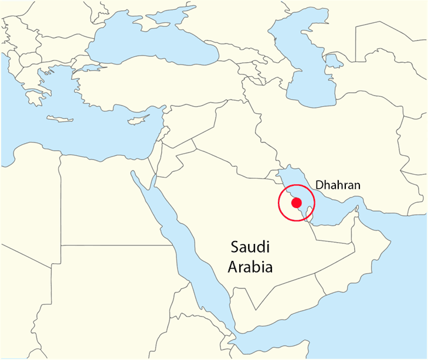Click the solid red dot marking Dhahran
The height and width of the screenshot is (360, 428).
[297, 203]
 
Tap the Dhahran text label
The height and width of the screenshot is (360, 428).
[338, 185]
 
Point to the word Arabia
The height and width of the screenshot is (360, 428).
[250, 267]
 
